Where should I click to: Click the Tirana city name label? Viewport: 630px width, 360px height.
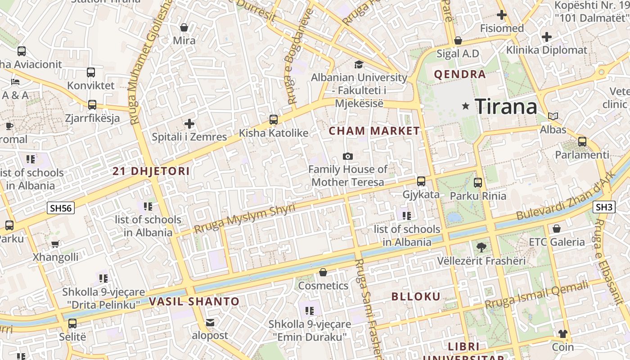tap(506, 107)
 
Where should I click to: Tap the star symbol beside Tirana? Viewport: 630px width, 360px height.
tap(466, 106)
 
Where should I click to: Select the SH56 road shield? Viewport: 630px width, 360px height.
tap(61, 208)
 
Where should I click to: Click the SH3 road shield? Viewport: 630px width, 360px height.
tap(603, 207)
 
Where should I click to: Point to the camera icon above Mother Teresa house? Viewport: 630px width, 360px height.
tap(347, 156)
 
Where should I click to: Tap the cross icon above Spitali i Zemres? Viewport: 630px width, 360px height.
tap(189, 123)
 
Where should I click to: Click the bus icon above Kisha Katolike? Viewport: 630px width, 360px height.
tap(273, 120)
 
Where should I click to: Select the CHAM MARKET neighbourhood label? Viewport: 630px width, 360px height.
tap(374, 131)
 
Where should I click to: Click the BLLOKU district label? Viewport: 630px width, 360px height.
tap(416, 297)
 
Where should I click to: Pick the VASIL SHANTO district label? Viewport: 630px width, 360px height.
tap(194, 301)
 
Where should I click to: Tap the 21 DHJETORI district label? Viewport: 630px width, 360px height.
tap(151, 171)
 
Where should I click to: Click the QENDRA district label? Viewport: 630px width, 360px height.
tap(459, 74)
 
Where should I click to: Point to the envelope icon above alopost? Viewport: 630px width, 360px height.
tap(210, 322)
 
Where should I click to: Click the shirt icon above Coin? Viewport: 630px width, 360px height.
tap(562, 334)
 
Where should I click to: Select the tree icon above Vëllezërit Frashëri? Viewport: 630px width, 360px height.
tap(481, 247)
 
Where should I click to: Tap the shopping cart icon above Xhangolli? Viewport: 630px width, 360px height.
tap(55, 244)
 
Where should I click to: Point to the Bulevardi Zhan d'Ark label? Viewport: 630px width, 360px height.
tap(565, 196)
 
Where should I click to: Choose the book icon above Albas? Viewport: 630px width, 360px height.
tap(553, 116)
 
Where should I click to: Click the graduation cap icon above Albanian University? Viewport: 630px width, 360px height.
tap(359, 64)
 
